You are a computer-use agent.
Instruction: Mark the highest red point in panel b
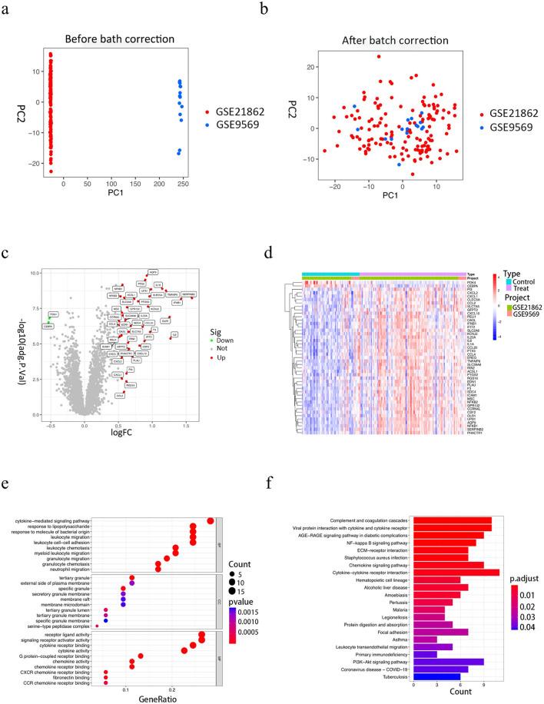click(379, 56)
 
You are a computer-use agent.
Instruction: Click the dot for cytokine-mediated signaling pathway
click(211, 520)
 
